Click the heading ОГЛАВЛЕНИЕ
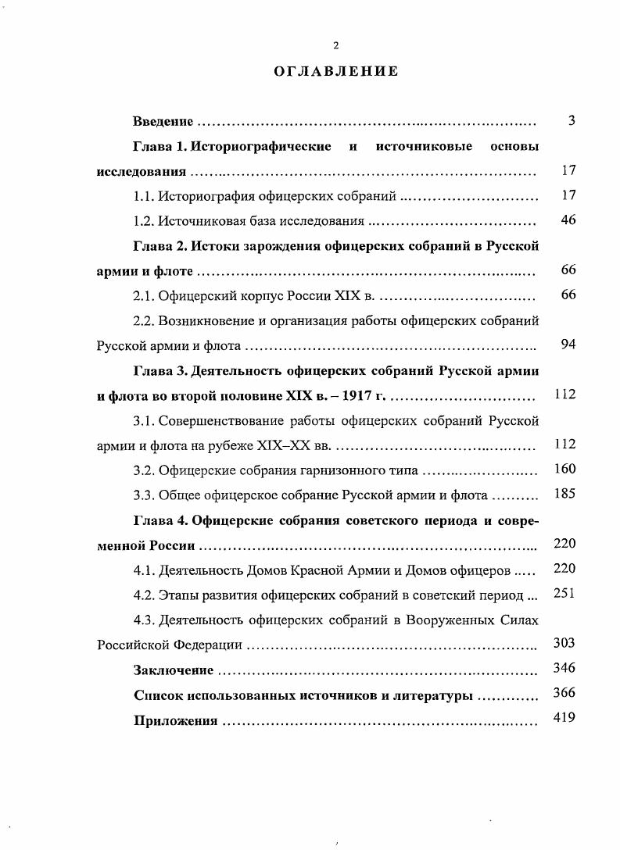[335, 71]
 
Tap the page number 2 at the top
[335, 45]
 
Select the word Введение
[163, 122]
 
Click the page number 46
[568, 220]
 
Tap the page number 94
[568, 345]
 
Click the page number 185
[564, 495]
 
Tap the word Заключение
[172, 670]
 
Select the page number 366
[564, 694]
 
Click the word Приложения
[175, 720]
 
